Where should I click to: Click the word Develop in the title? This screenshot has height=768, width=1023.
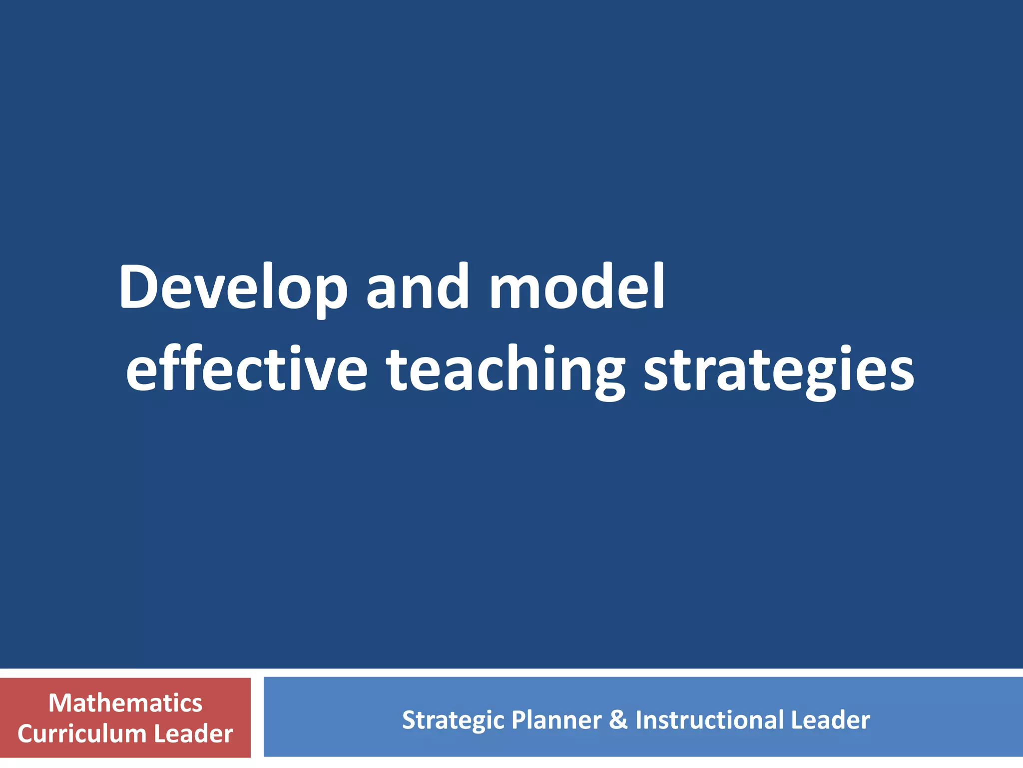click(x=233, y=287)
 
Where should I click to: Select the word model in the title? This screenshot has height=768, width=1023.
click(x=577, y=287)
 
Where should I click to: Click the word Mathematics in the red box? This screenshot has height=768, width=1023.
click(x=125, y=703)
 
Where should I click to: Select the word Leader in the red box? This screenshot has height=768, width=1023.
click(x=194, y=733)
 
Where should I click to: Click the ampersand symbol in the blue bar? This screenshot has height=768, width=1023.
click(x=618, y=720)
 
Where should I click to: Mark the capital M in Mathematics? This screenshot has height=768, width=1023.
click(x=60, y=703)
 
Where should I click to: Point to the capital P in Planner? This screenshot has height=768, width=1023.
click(x=518, y=720)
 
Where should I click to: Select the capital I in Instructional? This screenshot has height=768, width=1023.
click(x=638, y=720)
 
